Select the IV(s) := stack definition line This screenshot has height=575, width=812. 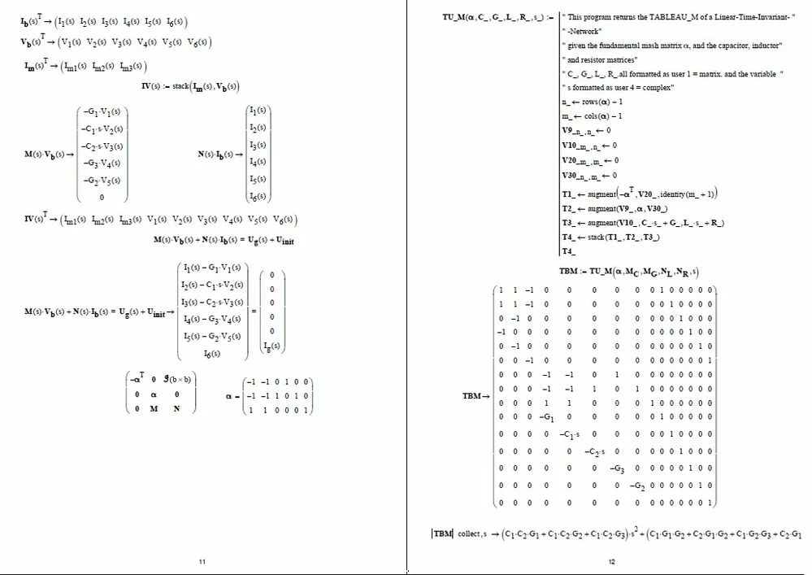(x=190, y=85)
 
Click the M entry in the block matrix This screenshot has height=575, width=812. (x=154, y=408)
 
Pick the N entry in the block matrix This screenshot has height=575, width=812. (x=176, y=408)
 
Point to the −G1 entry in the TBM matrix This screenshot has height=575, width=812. (x=547, y=417)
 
